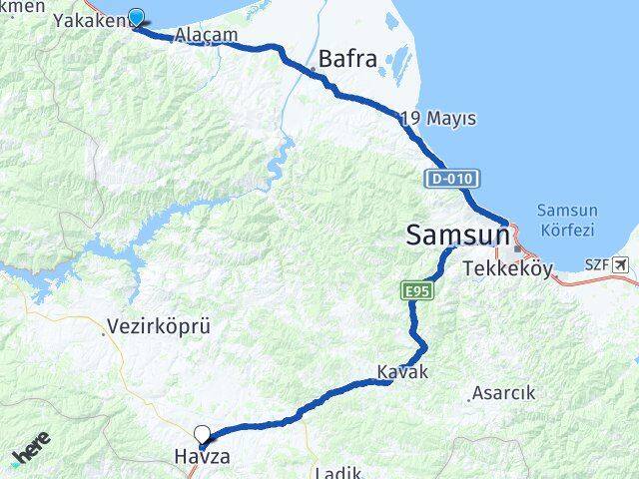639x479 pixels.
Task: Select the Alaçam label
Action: pos(207,35)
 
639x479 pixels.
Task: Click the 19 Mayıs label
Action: pos(438,119)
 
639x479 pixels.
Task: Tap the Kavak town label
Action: pos(402,372)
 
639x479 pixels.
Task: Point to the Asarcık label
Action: pos(503,393)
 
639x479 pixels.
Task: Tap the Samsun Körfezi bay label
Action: pos(565,220)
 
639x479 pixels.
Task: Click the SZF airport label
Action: pos(595,264)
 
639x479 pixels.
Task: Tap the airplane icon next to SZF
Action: pos(623,264)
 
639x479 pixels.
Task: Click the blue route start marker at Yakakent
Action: pos(137,17)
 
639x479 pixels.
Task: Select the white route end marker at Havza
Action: pos(203,434)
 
